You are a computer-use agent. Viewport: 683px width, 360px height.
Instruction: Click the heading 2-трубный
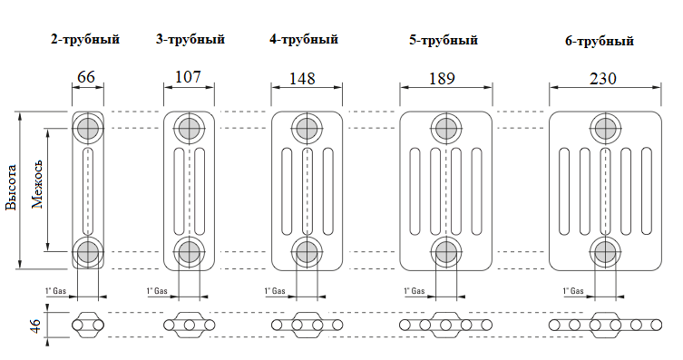click(x=85, y=39)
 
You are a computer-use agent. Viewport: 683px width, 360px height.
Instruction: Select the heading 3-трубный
click(x=190, y=39)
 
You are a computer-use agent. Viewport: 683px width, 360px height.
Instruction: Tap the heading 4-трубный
click(x=304, y=39)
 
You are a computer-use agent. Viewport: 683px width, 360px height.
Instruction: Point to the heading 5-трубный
click(x=444, y=40)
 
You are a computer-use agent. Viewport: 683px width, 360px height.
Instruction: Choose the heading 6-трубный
click(x=599, y=41)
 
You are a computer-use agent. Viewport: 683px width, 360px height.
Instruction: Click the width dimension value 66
click(x=87, y=77)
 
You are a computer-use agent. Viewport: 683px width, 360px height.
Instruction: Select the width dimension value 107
click(x=188, y=77)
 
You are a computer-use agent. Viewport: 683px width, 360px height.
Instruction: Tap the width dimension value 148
click(x=306, y=78)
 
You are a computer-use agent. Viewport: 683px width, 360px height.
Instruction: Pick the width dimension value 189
click(x=445, y=79)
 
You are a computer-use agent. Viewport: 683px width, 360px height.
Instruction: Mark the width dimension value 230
click(x=600, y=79)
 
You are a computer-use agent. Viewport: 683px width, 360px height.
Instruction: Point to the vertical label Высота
click(x=12, y=189)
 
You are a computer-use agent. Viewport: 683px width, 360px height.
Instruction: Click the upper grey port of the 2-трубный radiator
click(x=88, y=127)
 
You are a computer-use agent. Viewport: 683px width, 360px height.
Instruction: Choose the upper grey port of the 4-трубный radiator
click(x=306, y=127)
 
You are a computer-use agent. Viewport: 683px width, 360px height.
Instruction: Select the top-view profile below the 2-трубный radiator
click(x=88, y=325)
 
